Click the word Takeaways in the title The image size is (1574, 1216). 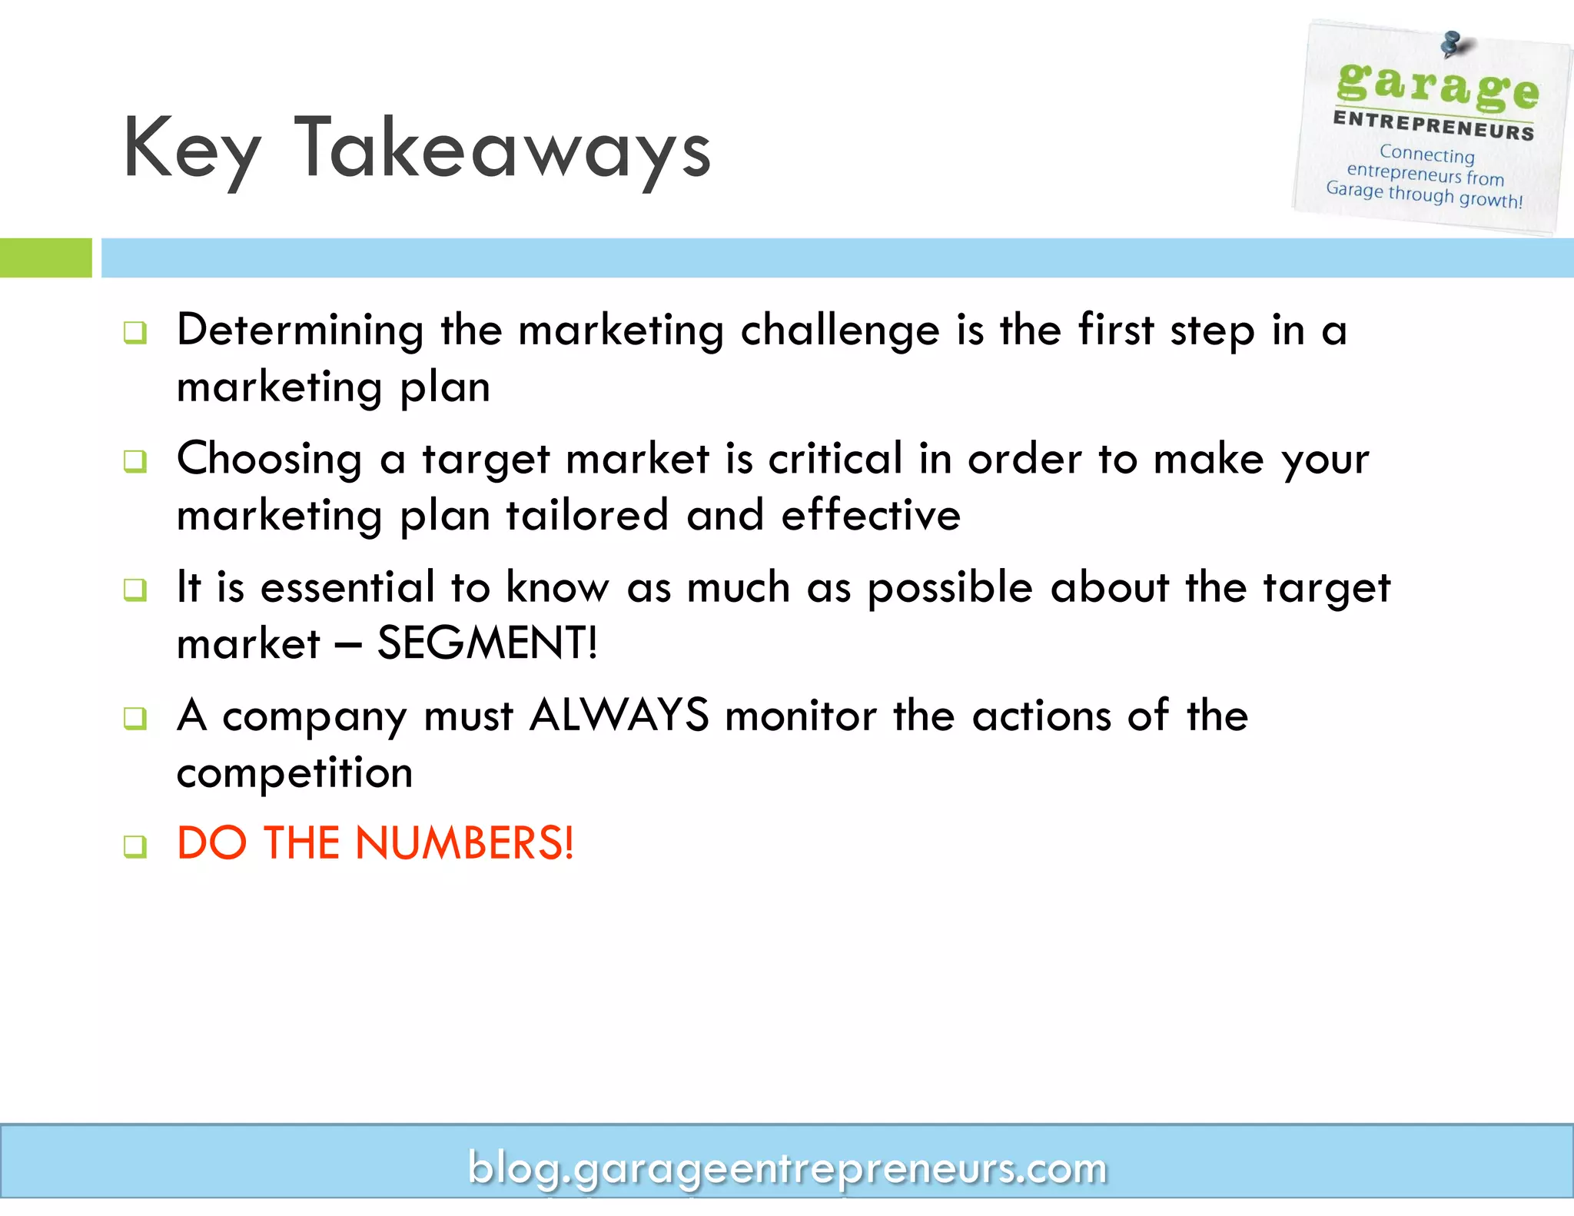pyautogui.click(x=503, y=148)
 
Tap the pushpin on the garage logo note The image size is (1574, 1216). pyautogui.click(x=1452, y=44)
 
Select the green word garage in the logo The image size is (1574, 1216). pyautogui.click(x=1437, y=85)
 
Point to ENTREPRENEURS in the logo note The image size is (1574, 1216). pyautogui.click(x=1433, y=125)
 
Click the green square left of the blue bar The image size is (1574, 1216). pyautogui.click(x=45, y=257)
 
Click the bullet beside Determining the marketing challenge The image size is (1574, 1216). pyautogui.click(x=135, y=333)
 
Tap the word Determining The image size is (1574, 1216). pyautogui.click(x=300, y=331)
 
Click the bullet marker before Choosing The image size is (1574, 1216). pyautogui.click(x=135, y=461)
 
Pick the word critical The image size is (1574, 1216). pyautogui.click(x=835, y=459)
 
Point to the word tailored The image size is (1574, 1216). pyautogui.click(x=587, y=515)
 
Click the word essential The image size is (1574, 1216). pyautogui.click(x=348, y=587)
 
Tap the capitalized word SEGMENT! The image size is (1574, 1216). pyautogui.click(x=487, y=643)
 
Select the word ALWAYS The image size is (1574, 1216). pyautogui.click(x=619, y=716)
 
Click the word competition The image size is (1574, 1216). pyautogui.click(x=294, y=772)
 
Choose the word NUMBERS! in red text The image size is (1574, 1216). pyautogui.click(x=464, y=843)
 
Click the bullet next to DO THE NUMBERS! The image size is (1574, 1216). pyautogui.click(x=135, y=846)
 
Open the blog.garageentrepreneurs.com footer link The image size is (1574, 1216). pyautogui.click(x=787, y=1168)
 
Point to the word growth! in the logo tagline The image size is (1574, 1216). pyautogui.click(x=1490, y=201)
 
